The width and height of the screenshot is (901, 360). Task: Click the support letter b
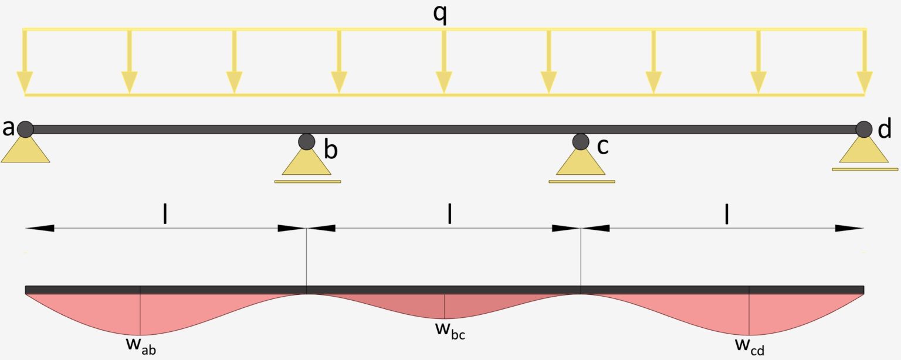331,151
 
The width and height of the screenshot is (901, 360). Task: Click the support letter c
602,146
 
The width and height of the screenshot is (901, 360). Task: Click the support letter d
885,129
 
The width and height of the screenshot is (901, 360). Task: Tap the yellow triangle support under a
25,151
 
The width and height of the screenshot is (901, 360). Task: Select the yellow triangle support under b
306,164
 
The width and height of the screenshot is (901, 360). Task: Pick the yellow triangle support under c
581,164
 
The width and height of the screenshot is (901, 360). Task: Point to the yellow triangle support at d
863,152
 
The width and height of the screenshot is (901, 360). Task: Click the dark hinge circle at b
306,141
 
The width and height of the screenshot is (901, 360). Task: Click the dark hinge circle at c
581,141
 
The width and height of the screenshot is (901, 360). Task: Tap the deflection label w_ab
141,344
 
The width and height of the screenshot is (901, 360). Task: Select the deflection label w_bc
450,329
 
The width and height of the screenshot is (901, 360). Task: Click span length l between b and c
449,215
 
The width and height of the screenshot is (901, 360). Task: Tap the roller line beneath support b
307,182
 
